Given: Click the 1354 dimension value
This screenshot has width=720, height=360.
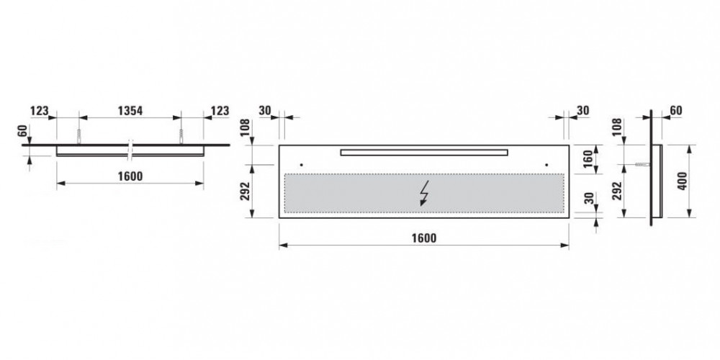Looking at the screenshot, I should (x=130, y=111).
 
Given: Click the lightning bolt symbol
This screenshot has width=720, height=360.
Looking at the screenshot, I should (x=425, y=194).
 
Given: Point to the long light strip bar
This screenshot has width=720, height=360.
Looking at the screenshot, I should (x=424, y=151).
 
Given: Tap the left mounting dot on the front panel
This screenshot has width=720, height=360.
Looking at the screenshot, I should (x=302, y=163).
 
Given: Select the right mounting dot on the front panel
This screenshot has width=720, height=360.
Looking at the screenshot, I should (x=546, y=163).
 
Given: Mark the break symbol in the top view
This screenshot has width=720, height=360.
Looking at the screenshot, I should (x=130, y=148).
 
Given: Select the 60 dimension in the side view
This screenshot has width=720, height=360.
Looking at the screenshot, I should (x=675, y=111).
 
